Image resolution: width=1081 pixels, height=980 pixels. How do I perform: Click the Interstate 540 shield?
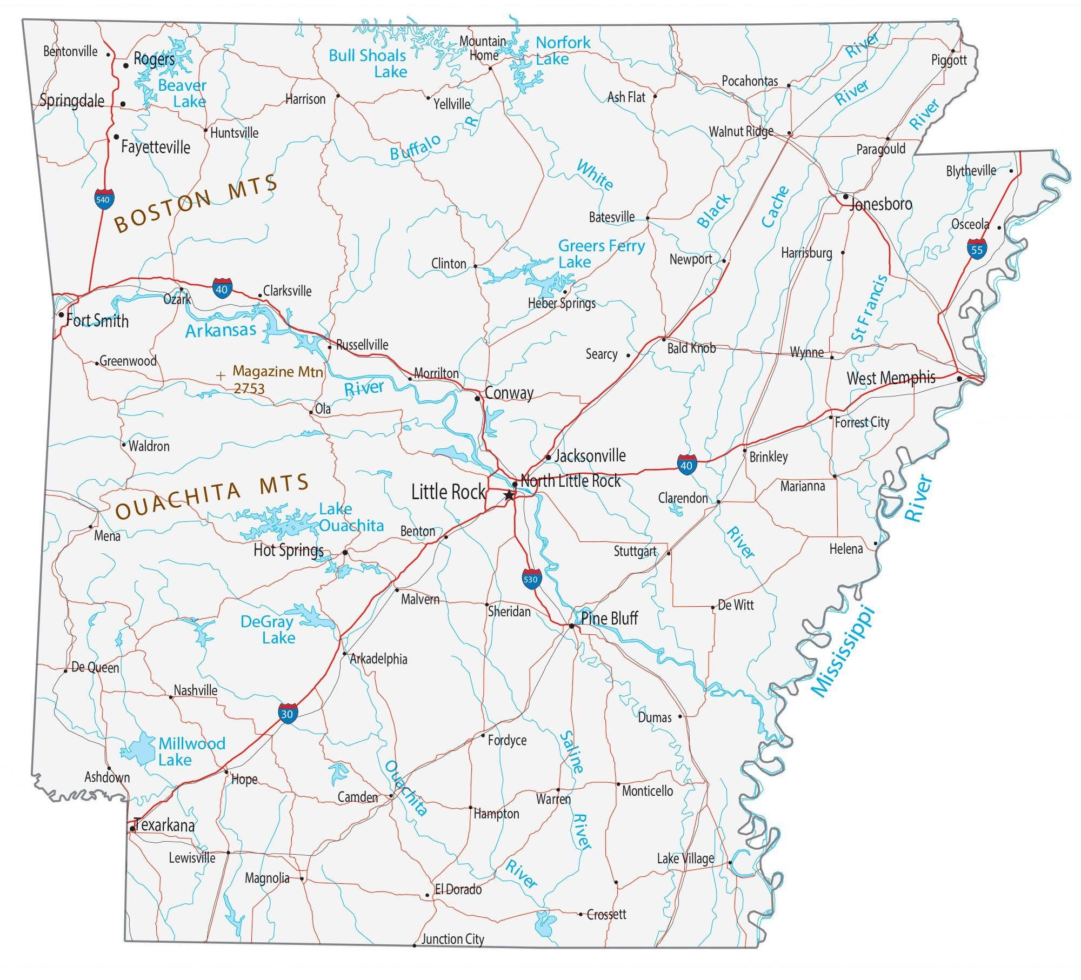(103, 199)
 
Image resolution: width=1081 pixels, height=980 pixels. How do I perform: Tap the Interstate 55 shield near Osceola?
(976, 250)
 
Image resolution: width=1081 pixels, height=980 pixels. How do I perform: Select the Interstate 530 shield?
(531, 579)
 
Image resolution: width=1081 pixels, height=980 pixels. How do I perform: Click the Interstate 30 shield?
(288, 714)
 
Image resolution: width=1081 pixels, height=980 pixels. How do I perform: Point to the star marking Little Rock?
(509, 495)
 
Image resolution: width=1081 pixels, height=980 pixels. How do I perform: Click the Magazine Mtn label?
(277, 372)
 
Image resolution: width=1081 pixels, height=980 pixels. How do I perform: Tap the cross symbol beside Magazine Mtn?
(220, 375)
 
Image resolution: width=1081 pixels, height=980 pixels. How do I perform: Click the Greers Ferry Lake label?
(600, 254)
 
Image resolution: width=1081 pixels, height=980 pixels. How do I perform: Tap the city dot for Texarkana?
(132, 828)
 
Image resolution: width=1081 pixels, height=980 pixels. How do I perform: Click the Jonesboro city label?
(880, 204)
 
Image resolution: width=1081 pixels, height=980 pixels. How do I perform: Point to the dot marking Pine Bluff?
(571, 626)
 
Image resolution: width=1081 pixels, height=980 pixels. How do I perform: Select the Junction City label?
(452, 939)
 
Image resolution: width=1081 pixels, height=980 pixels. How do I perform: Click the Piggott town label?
(949, 60)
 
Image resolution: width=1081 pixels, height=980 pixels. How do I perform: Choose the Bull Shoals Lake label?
(367, 63)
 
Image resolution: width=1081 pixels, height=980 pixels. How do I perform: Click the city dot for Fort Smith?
(62, 315)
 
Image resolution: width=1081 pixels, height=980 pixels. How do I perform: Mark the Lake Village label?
(685, 858)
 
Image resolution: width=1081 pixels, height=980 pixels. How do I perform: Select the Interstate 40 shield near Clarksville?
(222, 289)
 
